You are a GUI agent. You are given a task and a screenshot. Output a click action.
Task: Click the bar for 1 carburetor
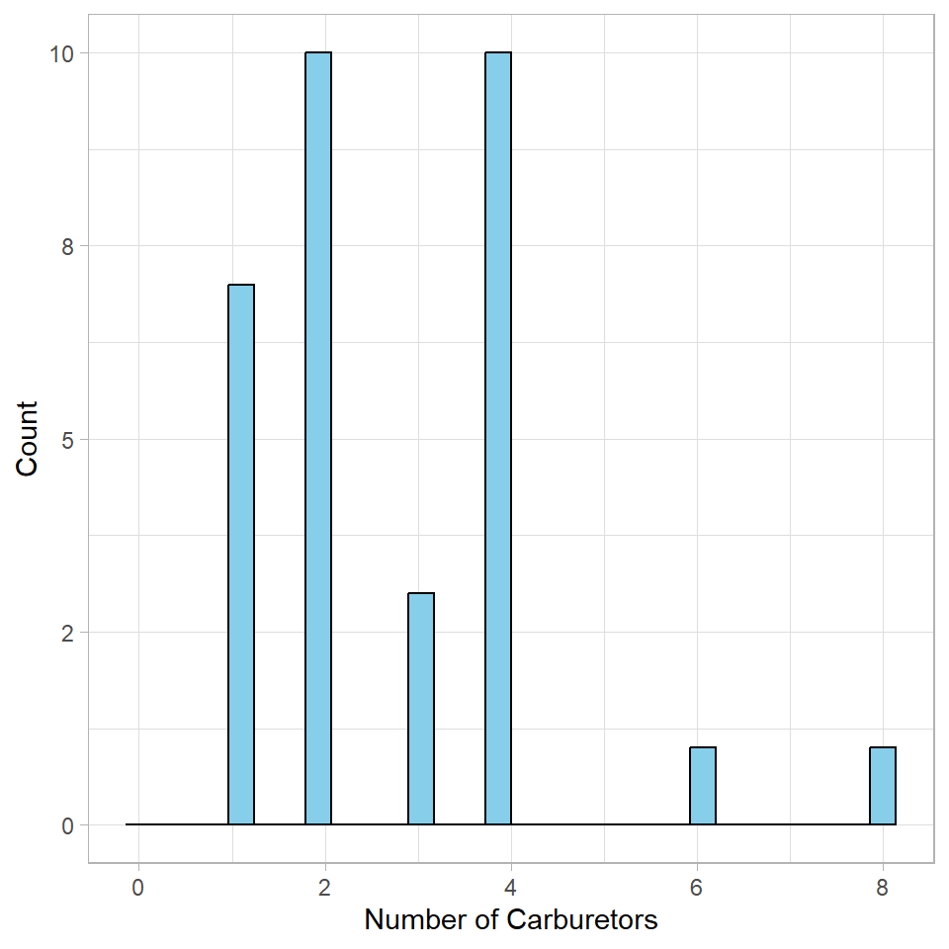click(241, 554)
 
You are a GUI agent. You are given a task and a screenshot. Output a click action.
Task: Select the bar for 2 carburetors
click(318, 438)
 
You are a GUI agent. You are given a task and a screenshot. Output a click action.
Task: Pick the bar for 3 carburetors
click(421, 708)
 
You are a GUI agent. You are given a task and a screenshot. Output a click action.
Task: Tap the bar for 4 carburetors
click(498, 438)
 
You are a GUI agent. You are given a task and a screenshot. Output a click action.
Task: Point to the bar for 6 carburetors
click(703, 785)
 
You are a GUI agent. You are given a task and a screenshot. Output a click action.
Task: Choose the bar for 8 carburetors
click(883, 785)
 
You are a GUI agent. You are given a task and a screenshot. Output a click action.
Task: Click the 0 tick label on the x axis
click(138, 888)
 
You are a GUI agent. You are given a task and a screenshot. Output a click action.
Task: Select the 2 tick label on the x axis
click(324, 888)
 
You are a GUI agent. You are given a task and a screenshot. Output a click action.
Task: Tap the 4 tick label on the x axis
click(510, 888)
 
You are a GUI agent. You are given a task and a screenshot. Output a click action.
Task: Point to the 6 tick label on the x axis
click(696, 888)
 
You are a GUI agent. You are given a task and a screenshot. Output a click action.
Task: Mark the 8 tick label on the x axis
click(882, 888)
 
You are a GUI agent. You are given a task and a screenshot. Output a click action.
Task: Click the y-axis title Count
click(28, 438)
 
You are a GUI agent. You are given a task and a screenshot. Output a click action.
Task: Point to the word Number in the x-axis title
click(415, 920)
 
